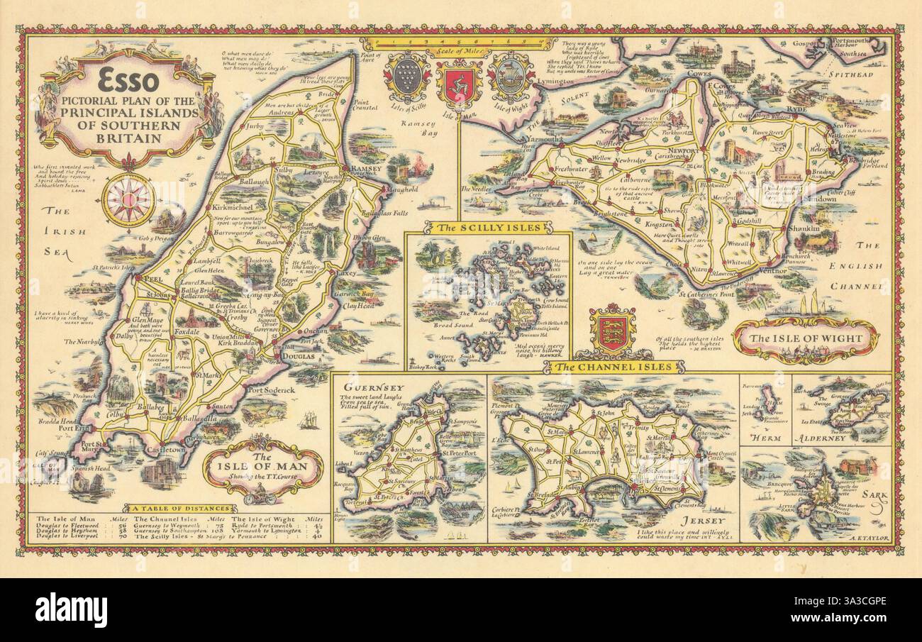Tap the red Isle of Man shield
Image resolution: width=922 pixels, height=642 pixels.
click(x=459, y=84)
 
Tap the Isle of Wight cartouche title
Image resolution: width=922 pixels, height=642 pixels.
click(x=808, y=338)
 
